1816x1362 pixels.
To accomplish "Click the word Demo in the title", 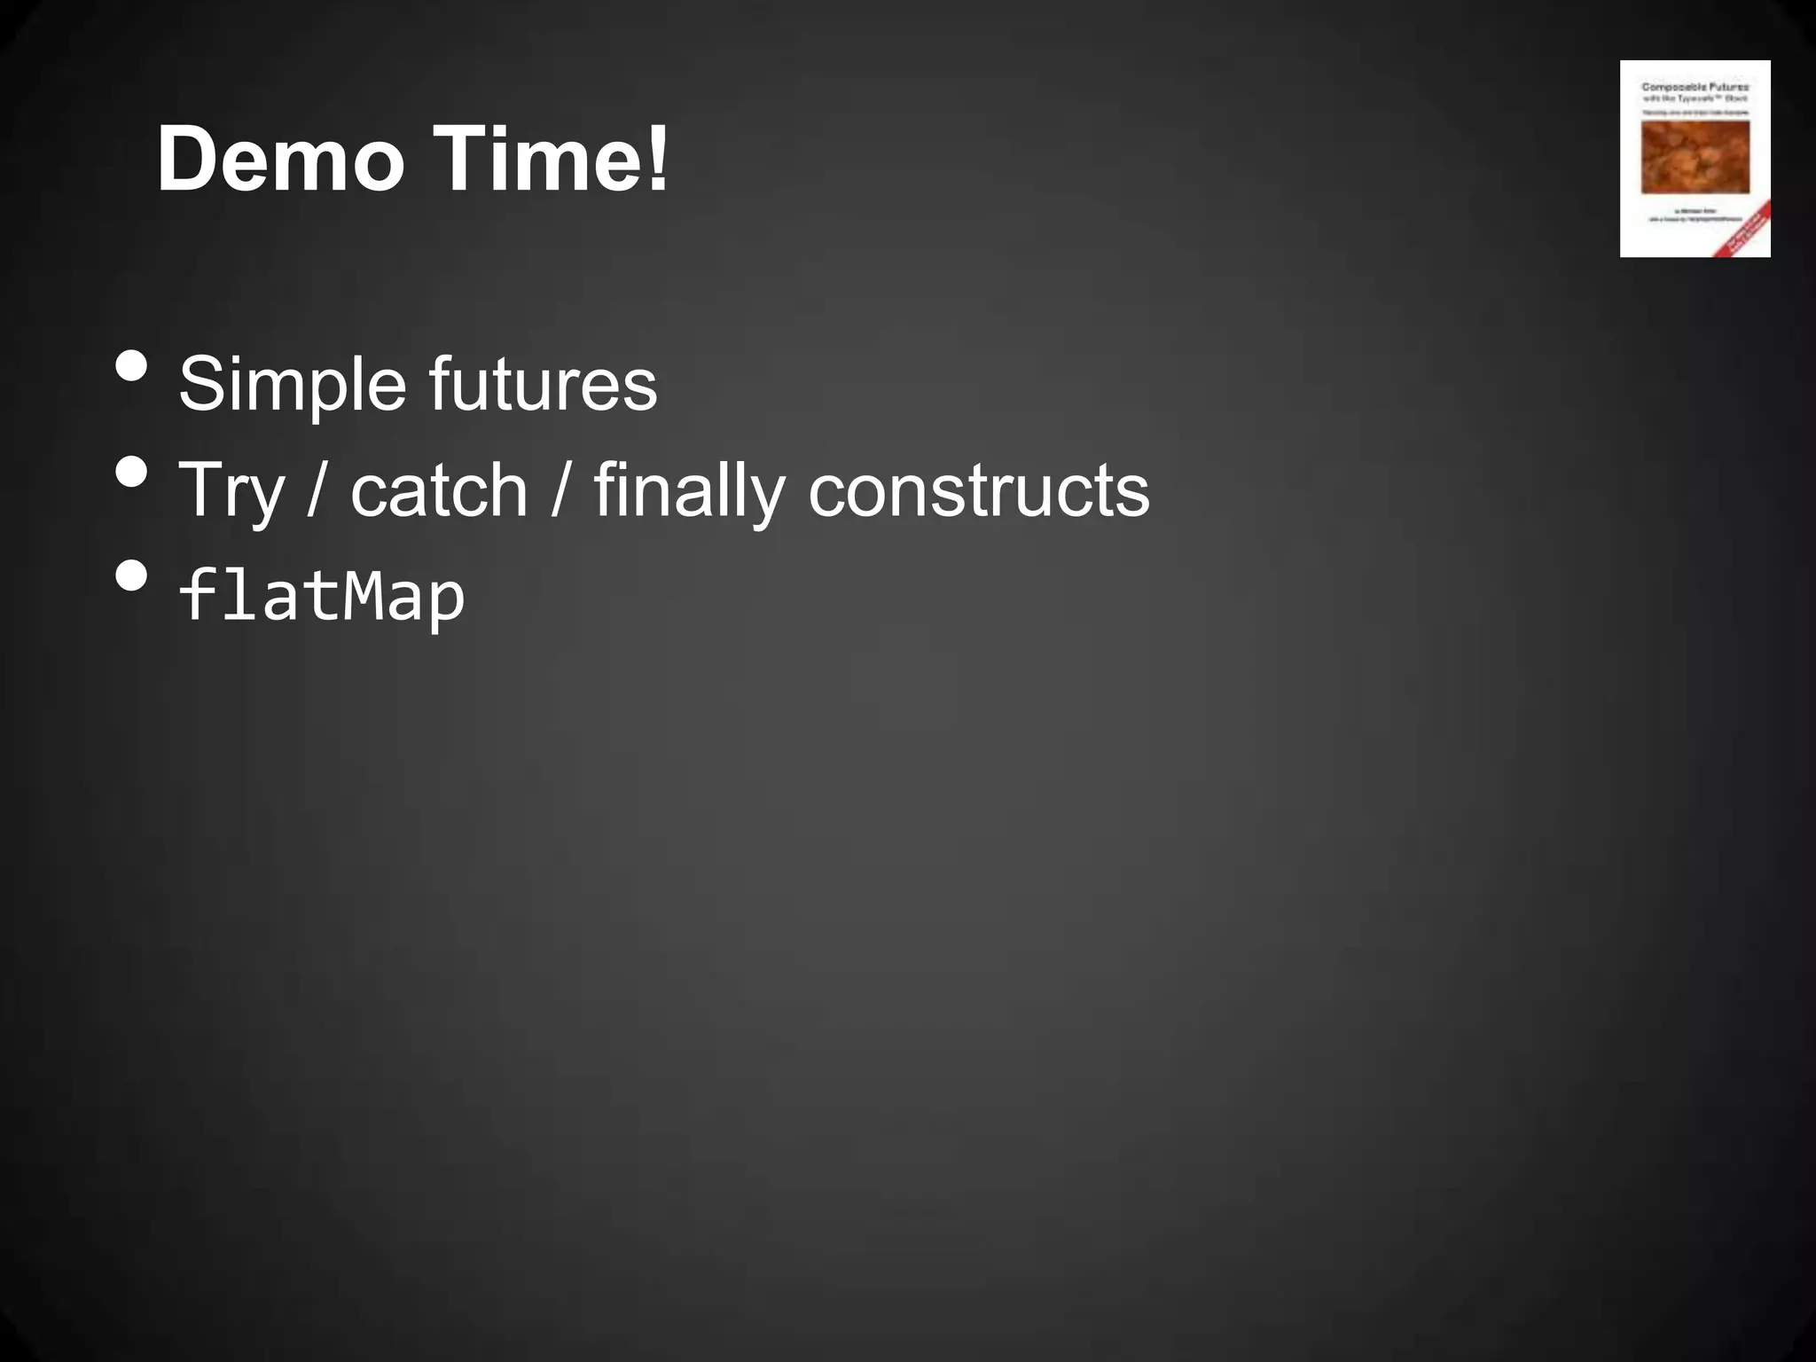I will [280, 160].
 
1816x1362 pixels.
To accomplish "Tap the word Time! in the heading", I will [550, 160].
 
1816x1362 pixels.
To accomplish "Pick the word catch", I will [440, 490].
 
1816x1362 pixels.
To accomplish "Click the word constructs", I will [978, 490].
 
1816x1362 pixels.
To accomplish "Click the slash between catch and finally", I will [560, 490].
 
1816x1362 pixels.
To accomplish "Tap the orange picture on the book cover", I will [1695, 157].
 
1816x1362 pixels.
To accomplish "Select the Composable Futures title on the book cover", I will [1695, 87].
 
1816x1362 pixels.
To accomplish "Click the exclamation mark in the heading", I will [657, 160].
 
